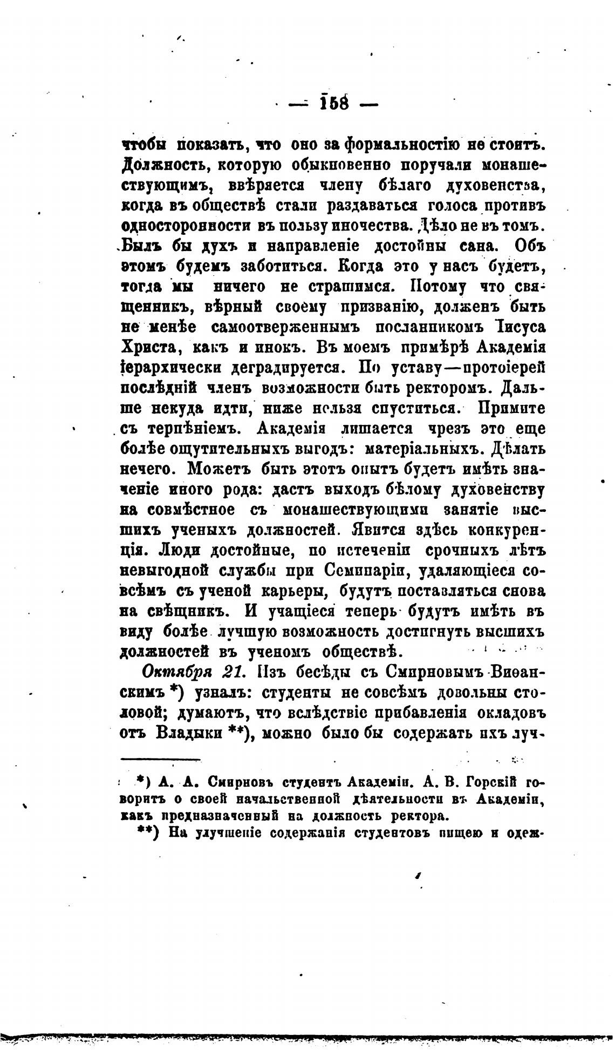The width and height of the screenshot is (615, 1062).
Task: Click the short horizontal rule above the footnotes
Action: point(160,760)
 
